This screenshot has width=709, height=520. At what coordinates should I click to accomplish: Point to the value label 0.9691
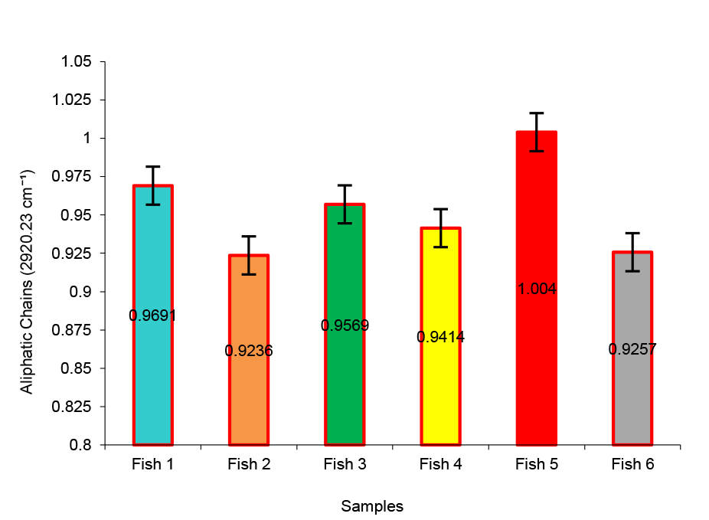click(153, 315)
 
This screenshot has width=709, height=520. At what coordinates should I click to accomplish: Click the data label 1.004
click(537, 289)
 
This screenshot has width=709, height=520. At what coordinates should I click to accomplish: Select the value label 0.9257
click(632, 348)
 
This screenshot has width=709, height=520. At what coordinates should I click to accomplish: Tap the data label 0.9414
click(441, 336)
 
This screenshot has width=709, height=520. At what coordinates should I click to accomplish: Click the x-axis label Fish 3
click(345, 464)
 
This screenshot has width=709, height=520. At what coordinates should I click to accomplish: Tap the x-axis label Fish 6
click(632, 464)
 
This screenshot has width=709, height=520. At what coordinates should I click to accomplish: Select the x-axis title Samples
click(372, 506)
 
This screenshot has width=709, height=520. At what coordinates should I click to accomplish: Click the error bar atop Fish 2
click(249, 255)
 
